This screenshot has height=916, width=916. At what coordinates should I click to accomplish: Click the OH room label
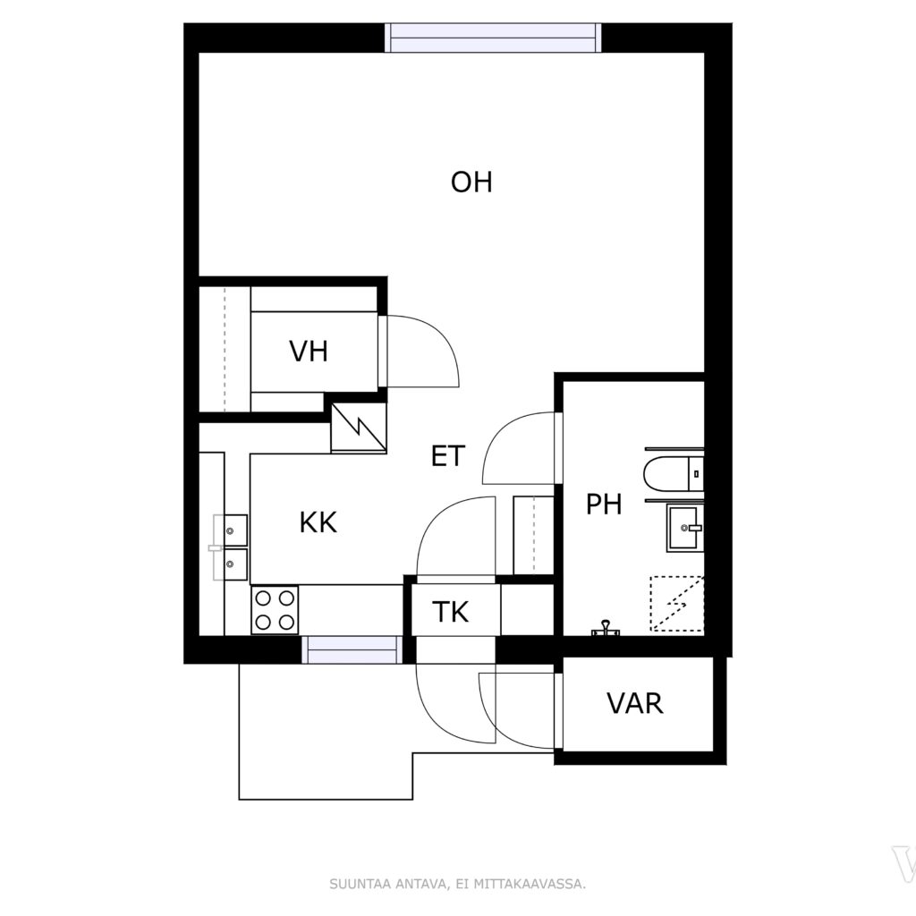point(471,182)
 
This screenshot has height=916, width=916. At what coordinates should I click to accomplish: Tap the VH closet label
point(309,352)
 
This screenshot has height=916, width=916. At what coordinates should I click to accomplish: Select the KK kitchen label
point(318,522)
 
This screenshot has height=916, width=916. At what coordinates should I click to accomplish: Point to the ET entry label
point(448,456)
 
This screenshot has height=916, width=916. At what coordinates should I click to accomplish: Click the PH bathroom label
point(604,505)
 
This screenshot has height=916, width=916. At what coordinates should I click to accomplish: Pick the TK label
point(451,612)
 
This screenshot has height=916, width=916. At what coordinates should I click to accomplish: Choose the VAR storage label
point(635,703)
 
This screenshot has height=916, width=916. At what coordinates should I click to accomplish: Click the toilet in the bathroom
point(674,474)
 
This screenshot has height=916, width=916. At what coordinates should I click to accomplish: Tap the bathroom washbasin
point(684,528)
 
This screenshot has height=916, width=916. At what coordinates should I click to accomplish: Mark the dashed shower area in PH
point(677,604)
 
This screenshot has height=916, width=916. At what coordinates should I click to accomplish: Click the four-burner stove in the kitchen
point(275,610)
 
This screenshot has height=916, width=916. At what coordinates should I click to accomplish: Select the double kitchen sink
point(230,547)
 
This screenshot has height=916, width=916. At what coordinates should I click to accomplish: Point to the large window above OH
point(493,38)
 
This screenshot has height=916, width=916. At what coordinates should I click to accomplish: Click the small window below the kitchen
point(352,649)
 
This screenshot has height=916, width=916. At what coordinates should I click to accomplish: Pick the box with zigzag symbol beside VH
point(359,428)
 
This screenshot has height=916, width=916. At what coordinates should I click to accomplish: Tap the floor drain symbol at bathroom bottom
point(605,628)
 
